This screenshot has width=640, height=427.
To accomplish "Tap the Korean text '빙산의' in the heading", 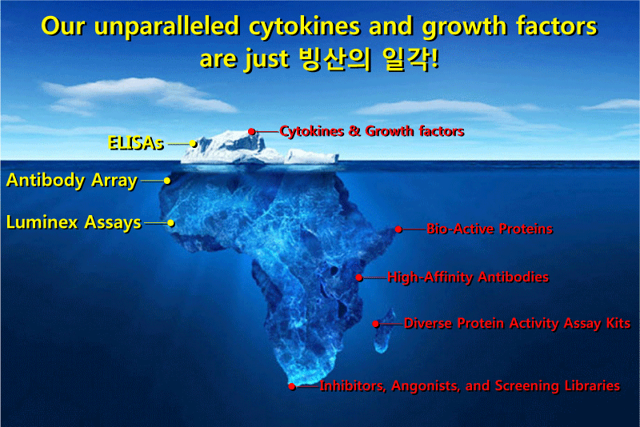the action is point(335,59).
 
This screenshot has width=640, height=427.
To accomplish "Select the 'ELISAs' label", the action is point(136,143).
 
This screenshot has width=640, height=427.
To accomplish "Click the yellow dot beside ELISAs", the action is point(194,144).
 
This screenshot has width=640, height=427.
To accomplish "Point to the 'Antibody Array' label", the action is point(72,181).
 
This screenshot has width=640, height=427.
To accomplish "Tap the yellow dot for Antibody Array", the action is point(167,181).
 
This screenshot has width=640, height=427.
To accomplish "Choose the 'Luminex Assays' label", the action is point(74,222).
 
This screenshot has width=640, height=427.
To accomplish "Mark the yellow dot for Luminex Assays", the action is point(171,222).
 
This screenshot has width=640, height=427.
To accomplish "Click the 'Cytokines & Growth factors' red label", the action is point(372,131).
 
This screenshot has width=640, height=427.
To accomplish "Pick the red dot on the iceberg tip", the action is point(252,131).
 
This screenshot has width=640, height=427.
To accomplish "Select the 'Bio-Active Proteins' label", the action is point(490,229).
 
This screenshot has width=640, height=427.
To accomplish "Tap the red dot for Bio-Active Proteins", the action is point(398,229).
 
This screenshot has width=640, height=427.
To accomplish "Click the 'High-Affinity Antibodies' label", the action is point(468,277).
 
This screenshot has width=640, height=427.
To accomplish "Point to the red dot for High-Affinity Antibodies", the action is point(358,277).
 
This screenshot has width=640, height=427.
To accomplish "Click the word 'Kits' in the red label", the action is point(618,323).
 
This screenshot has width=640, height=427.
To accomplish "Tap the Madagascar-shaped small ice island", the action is point(385,331).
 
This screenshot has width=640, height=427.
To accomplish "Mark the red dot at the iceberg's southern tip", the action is point(292,386).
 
